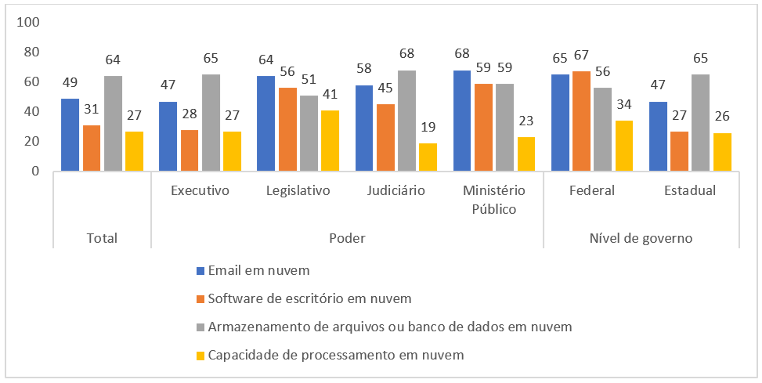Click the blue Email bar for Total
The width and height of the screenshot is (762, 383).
pos(70,135)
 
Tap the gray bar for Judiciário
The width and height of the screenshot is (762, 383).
pos(407,121)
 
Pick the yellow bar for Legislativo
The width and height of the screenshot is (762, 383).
pos(330,141)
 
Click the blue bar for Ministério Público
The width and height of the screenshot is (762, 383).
pos(461,121)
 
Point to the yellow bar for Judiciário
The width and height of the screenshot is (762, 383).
pos(428,157)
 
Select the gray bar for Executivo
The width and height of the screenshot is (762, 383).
pos(211,123)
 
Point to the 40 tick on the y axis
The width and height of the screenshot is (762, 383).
pos(30,111)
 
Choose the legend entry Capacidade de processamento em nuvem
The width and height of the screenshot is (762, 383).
pos(336,355)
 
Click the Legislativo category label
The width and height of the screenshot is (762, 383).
pos(298,191)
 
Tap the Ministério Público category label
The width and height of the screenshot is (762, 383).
pos(494,200)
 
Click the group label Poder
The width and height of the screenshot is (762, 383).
pos(346,237)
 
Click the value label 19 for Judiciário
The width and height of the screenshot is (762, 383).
pos(428,128)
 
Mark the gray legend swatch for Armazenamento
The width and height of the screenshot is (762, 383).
pos(200,327)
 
